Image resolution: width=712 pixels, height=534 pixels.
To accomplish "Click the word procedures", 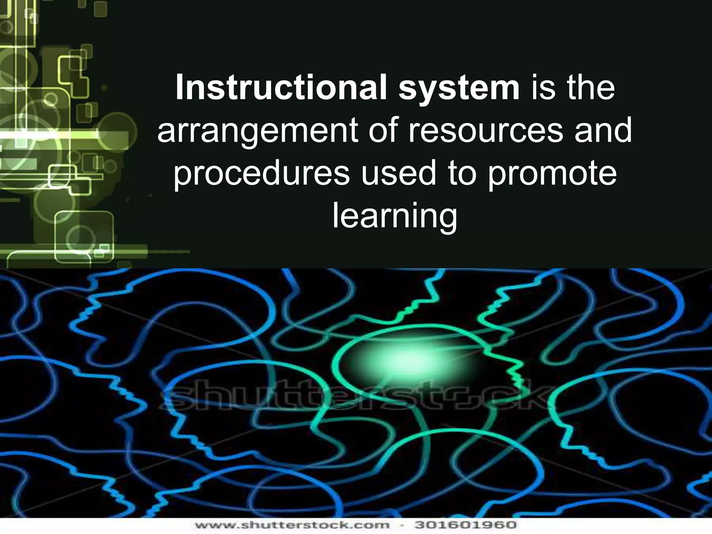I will point(261,174).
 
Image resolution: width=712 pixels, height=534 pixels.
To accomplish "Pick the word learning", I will point(395,216).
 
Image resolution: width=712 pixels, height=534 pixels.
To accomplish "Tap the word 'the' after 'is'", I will point(591,88).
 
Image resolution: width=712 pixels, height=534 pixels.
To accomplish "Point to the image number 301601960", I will point(466,525).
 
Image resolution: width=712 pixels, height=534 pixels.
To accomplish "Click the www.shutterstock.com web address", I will point(292,525).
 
